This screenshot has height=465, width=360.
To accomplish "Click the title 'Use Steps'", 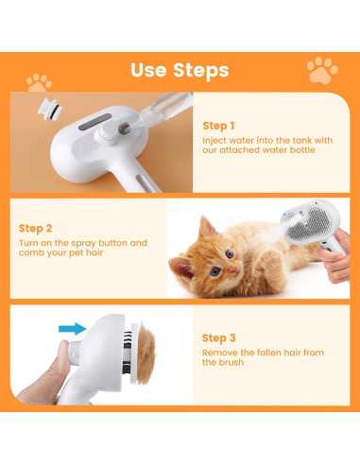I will click(180, 70).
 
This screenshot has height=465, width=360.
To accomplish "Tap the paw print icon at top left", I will click(39, 82).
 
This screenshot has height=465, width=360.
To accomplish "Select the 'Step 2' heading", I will click(35, 228).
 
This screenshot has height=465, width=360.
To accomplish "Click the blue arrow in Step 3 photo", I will click(71, 329).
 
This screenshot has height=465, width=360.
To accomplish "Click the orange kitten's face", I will click(220, 268).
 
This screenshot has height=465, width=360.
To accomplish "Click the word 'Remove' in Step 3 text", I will click(218, 352).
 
